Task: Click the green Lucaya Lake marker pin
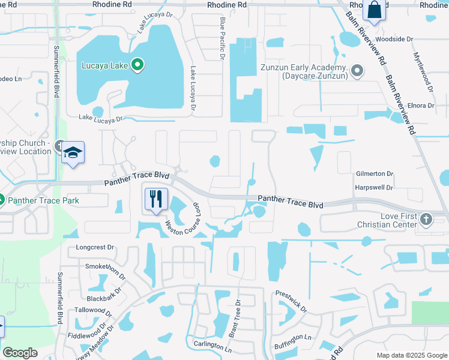click(x=137, y=65)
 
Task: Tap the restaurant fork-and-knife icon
click(x=156, y=198)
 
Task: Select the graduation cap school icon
click(x=72, y=153)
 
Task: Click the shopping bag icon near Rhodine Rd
click(x=373, y=10)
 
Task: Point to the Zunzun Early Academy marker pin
click(x=357, y=71)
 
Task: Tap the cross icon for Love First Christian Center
click(x=426, y=219)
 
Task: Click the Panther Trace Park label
click(x=42, y=200)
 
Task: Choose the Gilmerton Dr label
click(x=373, y=173)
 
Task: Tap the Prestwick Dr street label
click(x=291, y=302)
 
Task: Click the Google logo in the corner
click(x=20, y=353)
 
